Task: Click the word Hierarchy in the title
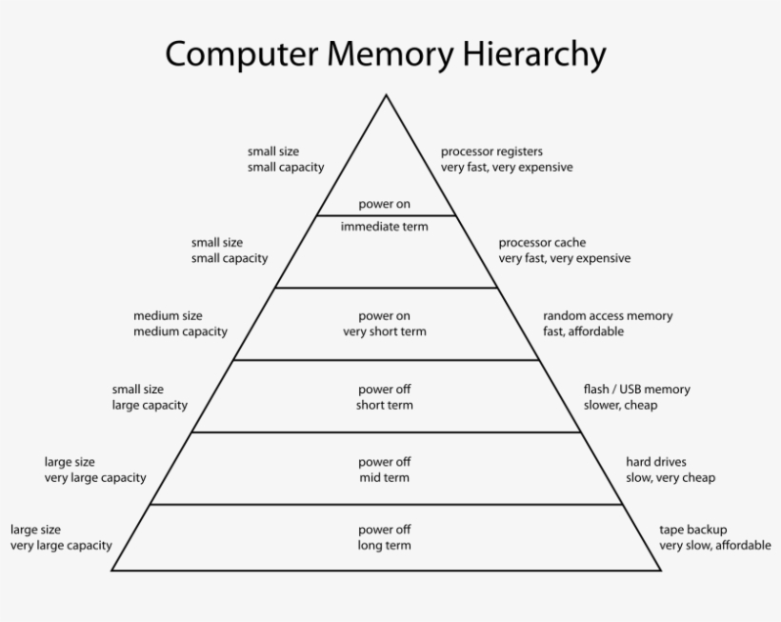click(x=534, y=54)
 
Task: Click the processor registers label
click(x=491, y=150)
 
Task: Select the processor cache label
click(x=542, y=242)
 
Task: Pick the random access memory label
click(x=608, y=315)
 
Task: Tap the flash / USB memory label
click(x=636, y=389)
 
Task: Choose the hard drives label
click(x=655, y=462)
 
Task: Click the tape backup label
click(x=692, y=530)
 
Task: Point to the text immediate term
click(x=385, y=227)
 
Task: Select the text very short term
click(x=385, y=331)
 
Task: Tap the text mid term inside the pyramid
click(x=385, y=477)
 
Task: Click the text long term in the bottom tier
click(x=385, y=546)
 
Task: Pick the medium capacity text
click(x=180, y=331)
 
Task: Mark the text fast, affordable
click(x=583, y=331)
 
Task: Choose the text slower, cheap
click(x=620, y=405)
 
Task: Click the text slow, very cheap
click(x=670, y=477)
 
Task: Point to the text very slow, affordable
click(x=714, y=546)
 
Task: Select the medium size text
click(x=168, y=315)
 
